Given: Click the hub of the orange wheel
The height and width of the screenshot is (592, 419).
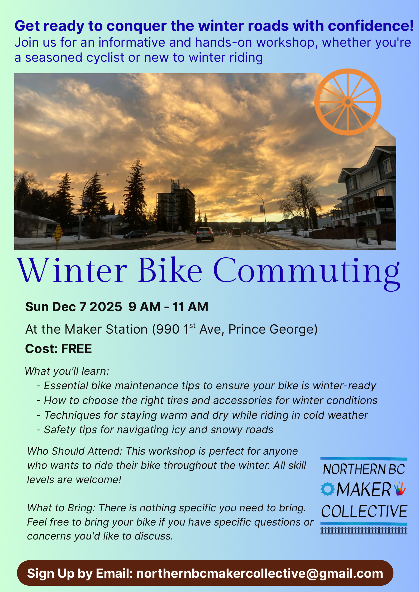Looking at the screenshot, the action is click(348, 102).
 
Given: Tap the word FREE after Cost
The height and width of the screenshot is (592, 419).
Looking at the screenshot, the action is click(77, 349).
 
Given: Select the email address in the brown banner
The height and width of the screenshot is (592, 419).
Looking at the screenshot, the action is click(260, 573).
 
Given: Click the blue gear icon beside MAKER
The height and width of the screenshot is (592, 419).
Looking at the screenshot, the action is click(327, 489).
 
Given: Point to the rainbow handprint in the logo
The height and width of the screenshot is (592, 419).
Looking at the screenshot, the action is click(400, 489).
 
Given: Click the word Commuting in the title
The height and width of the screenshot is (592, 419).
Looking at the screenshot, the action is click(307, 272).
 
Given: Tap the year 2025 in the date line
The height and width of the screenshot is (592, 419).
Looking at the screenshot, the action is click(106, 307).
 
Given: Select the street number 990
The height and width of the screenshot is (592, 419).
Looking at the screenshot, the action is click(168, 329).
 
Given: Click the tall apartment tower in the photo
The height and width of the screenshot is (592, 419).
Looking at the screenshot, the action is click(176, 206).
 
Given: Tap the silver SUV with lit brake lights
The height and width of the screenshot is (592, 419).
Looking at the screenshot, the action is click(205, 234).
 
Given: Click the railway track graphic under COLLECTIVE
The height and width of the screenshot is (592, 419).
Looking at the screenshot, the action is click(364, 531).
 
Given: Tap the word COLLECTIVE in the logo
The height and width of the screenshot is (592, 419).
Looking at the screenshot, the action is click(364, 512).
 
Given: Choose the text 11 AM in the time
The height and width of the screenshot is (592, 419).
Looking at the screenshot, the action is click(191, 307).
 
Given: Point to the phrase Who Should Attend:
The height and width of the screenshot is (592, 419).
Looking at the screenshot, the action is click(75, 451).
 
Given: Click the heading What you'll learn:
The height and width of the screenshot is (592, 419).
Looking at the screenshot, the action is click(67, 371).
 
